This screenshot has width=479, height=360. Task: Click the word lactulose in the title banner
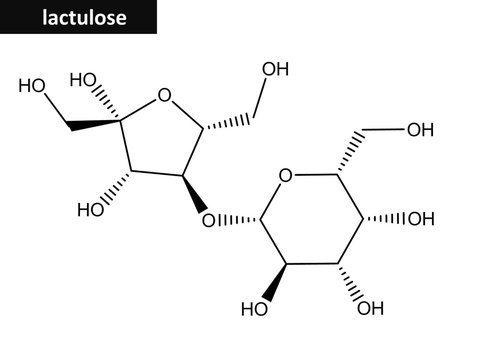84,19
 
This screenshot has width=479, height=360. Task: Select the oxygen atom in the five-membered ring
165,98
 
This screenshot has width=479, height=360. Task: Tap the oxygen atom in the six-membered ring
286,177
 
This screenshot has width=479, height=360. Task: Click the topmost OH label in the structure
274,69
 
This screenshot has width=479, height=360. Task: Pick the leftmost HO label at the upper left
31,84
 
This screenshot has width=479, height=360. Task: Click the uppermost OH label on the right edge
420,129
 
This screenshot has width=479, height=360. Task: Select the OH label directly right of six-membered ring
421,220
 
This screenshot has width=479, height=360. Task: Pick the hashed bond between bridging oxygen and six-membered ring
237,218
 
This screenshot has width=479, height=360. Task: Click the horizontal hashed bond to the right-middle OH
386,219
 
